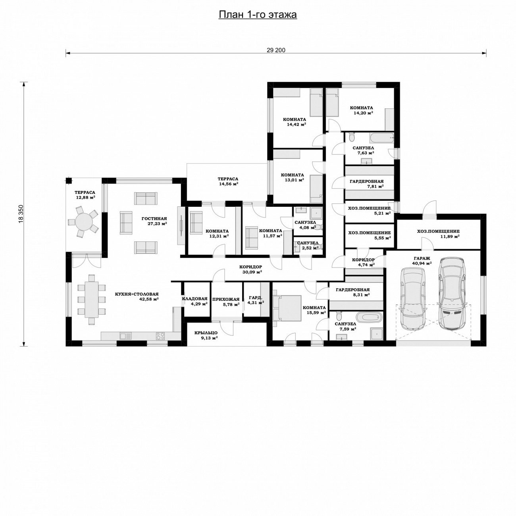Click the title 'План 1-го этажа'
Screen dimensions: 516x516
coord(258,14)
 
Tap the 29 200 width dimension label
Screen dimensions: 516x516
coord(276,50)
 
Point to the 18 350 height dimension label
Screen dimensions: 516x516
coord(21,214)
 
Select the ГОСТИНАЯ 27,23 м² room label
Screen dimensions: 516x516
coord(154,221)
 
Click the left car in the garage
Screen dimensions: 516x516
coord(412,299)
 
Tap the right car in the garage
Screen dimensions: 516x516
coord(452,293)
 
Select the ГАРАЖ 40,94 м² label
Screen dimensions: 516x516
coord(422,260)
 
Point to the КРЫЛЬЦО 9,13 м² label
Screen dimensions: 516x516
coord(206,335)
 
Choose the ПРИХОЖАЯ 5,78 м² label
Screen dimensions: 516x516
coord(226,302)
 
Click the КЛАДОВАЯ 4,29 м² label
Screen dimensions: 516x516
coord(195,301)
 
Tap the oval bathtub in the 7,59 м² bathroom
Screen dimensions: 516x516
coord(368,318)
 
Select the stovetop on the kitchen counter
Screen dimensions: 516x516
coord(160,336)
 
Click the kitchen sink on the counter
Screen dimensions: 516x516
coord(125,336)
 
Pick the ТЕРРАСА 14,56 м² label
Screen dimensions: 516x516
coord(228,181)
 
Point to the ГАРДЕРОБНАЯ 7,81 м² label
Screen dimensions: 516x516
coord(367,184)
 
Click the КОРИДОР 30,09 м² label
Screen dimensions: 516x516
coord(250,269)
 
